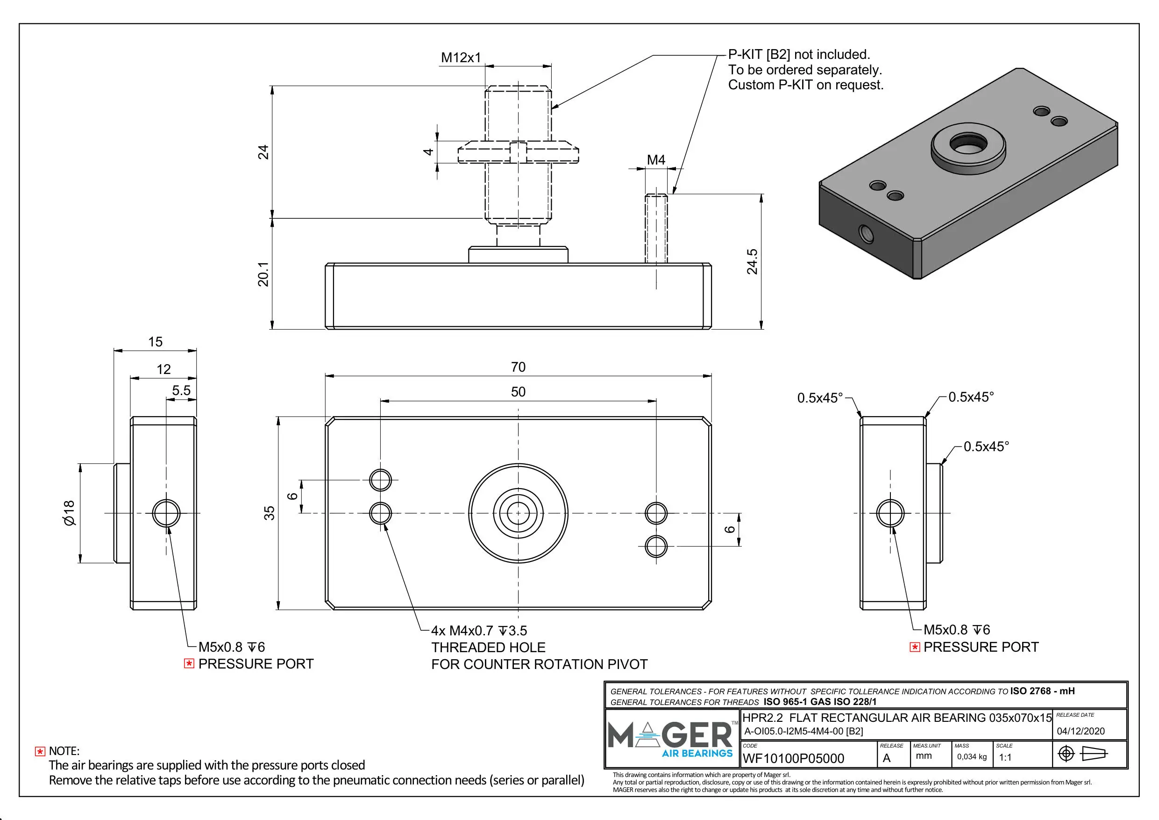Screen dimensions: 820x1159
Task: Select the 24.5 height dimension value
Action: click(x=752, y=261)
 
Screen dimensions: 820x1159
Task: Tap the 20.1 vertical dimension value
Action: click(x=263, y=274)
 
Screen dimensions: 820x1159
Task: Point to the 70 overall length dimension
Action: click(x=518, y=367)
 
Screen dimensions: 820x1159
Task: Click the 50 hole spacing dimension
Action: click(x=518, y=392)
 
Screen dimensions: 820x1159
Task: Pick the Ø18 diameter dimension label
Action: click(x=69, y=513)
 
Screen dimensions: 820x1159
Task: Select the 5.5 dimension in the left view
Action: click(x=181, y=390)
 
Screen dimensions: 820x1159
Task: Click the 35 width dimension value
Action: click(x=270, y=513)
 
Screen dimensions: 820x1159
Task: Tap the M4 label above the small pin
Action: click(x=656, y=160)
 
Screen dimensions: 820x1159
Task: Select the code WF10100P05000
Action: click(x=793, y=758)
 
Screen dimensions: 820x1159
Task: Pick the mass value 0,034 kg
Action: click(x=971, y=756)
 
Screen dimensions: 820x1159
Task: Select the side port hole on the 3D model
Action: click(x=866, y=233)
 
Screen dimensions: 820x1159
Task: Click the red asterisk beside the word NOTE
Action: click(x=40, y=751)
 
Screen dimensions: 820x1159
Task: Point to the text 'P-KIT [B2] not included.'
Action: click(x=798, y=55)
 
